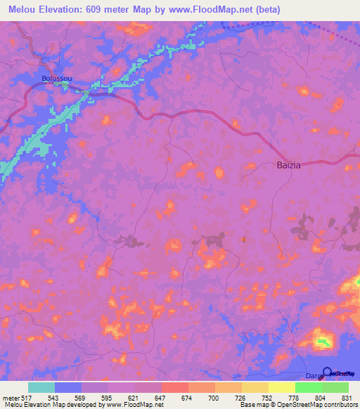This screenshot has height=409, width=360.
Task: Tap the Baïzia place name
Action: tap(287, 167)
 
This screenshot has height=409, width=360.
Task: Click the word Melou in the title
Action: tap(25, 9)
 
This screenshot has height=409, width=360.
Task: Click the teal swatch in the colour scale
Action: tap(41, 387)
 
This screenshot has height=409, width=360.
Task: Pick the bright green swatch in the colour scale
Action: tap(309, 387)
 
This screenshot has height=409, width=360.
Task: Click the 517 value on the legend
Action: tap(27, 398)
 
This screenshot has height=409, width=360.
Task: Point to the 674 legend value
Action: tap(187, 398)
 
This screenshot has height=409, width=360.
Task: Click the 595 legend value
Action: tap(107, 398)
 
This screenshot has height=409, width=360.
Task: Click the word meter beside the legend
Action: tap(10, 398)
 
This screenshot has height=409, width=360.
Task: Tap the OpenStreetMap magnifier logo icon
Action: tap(327, 373)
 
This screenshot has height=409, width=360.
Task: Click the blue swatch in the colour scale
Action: tap(68, 387)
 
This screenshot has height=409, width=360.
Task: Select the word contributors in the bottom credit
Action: tap(340, 405)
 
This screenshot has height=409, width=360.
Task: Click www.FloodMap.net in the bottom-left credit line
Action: tap(124, 405)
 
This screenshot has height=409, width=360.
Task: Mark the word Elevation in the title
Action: tap(69, 9)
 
